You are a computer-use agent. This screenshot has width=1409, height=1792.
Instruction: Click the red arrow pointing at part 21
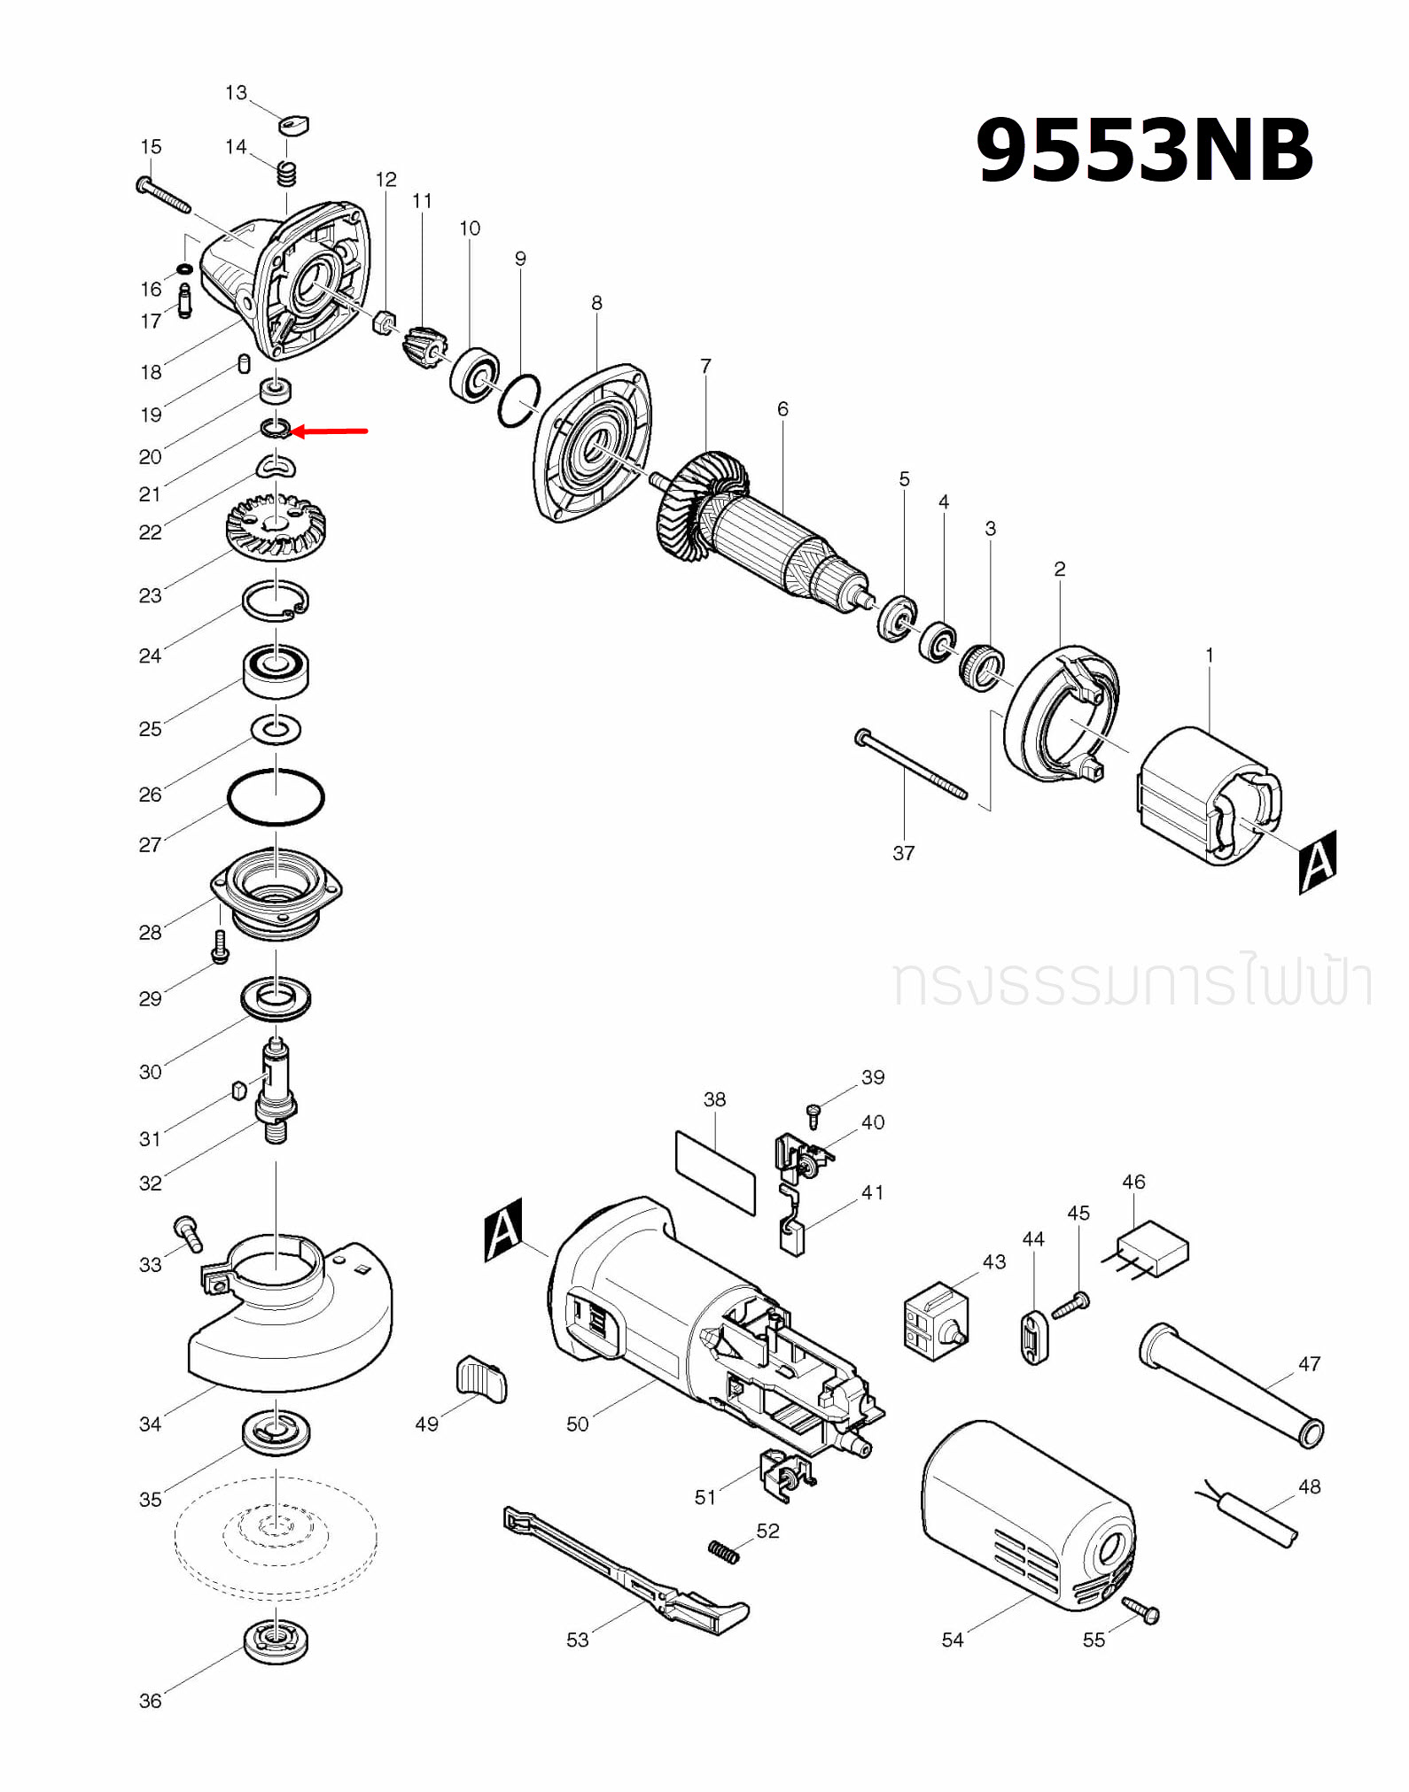(330, 431)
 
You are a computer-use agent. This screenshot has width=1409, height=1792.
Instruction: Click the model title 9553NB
(1143, 151)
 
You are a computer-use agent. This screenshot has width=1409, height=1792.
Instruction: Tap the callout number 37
(903, 853)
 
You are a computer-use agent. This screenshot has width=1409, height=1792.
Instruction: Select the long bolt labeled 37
(913, 766)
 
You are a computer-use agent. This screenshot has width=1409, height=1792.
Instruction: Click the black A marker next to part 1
(1317, 861)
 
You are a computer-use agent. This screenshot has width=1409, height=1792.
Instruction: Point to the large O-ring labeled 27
(276, 797)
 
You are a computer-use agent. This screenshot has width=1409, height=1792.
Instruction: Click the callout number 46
(1133, 1182)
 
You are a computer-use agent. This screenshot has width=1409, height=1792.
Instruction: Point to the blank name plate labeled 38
(716, 1171)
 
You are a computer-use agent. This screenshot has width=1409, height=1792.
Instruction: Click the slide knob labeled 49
(481, 1379)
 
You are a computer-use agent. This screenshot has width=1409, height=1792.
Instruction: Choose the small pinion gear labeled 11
(423, 345)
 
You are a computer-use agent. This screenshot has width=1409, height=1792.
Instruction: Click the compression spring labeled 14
(285, 173)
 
